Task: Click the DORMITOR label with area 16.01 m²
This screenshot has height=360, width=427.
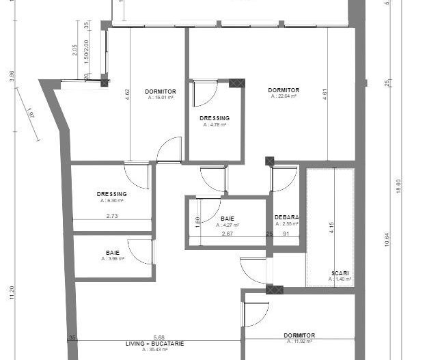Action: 161,92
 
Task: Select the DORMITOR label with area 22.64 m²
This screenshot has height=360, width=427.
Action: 284,90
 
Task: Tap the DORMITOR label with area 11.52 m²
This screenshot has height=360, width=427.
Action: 299,335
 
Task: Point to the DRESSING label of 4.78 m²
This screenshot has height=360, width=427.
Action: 215,118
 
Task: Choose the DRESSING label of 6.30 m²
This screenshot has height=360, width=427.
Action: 112,194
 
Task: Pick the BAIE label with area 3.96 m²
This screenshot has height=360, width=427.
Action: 113,253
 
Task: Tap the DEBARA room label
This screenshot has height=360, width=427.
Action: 286,217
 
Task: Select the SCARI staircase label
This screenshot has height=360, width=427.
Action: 340,273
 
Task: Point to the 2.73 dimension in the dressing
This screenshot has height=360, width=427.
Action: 112,216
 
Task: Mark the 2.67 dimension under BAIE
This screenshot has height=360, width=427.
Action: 228,234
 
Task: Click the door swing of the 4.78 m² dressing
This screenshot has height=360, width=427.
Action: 204,94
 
